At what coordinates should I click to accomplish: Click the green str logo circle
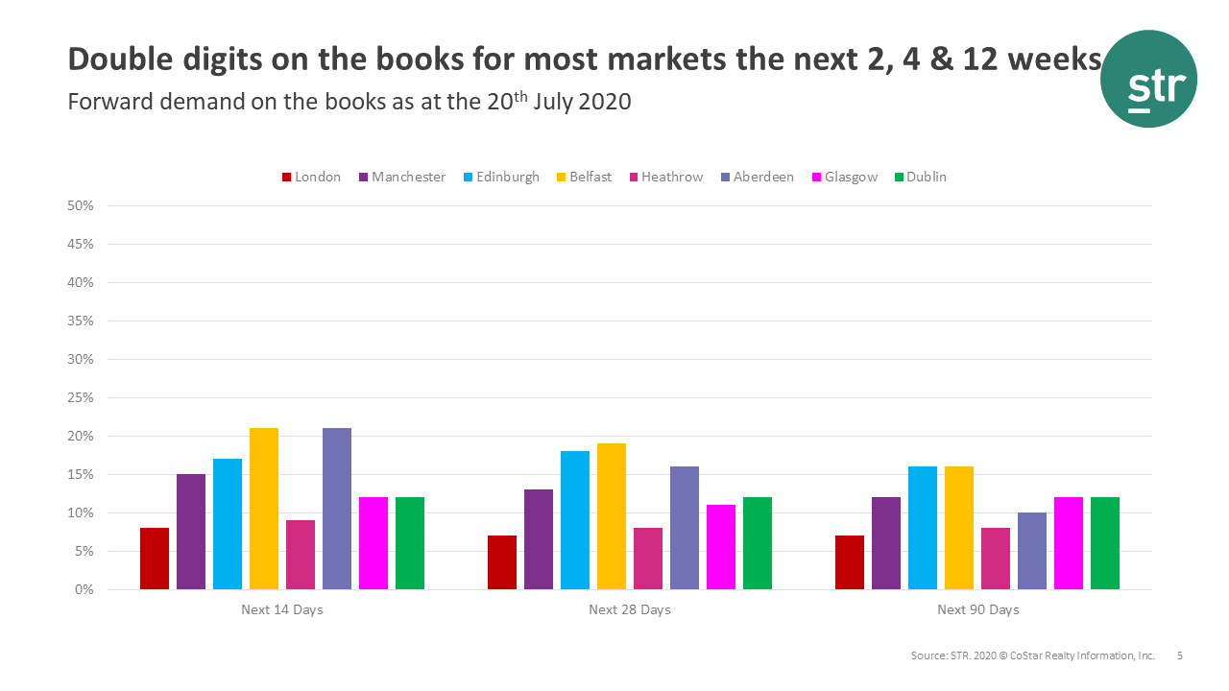click(1148, 79)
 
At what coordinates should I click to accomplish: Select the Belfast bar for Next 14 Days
click(264, 509)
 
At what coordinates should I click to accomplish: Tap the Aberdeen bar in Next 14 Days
click(337, 509)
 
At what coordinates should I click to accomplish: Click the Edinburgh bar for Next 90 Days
click(923, 528)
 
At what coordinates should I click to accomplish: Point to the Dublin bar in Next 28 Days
click(758, 543)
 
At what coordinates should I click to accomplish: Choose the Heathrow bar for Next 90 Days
click(996, 559)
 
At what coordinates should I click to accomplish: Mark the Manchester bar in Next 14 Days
click(191, 532)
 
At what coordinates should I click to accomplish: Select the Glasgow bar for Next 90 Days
click(1069, 543)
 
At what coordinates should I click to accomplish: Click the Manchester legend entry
click(402, 177)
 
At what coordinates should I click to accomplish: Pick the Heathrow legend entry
click(665, 177)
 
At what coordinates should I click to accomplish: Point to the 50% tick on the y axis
click(81, 205)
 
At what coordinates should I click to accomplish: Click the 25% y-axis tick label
click(81, 397)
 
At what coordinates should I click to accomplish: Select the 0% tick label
click(84, 589)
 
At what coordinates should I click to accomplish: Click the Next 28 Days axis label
click(630, 610)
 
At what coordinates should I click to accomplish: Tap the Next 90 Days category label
click(977, 610)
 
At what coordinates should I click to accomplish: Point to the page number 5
click(1180, 656)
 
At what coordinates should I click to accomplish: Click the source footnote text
click(1032, 656)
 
